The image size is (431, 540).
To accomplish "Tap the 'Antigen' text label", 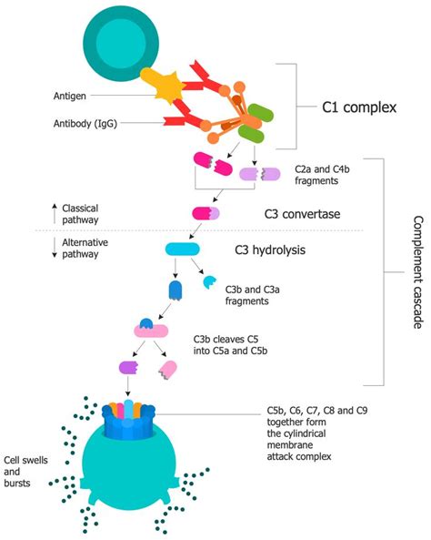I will (72, 93).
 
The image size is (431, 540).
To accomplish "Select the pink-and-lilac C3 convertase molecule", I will (205, 212).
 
